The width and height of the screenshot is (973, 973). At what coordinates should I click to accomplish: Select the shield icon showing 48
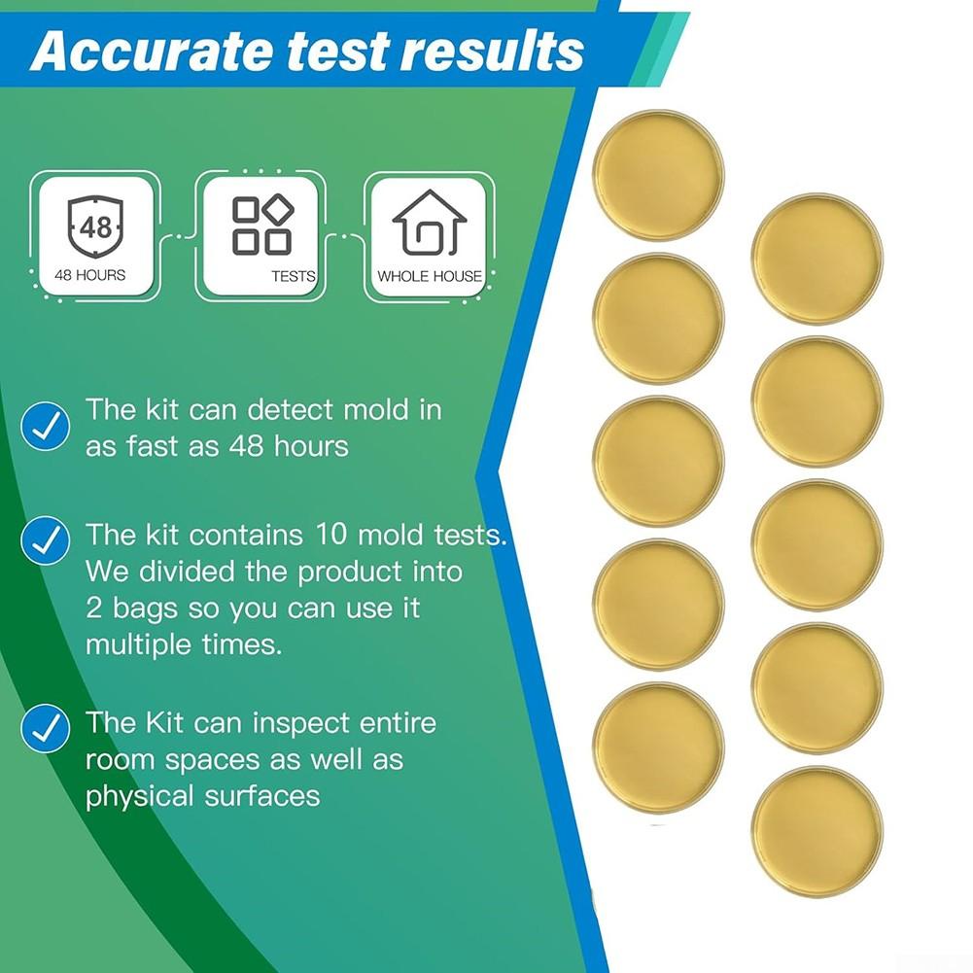click(95, 227)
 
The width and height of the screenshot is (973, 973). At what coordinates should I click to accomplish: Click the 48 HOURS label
click(89, 275)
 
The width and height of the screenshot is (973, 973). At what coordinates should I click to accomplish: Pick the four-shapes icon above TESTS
click(262, 226)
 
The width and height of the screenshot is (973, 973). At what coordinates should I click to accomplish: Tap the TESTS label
click(293, 276)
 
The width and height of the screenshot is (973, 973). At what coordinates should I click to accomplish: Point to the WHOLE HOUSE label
click(430, 276)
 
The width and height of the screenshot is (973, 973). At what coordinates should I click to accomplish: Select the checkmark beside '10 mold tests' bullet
click(45, 541)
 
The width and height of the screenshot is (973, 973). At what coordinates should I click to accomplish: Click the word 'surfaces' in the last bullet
click(261, 796)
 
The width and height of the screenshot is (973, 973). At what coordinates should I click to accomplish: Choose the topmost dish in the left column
click(658, 175)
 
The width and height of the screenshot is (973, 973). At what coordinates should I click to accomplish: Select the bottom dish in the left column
click(658, 747)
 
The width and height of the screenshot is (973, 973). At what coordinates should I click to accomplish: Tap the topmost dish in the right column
click(817, 258)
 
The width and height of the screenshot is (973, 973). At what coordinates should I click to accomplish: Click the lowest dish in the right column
click(817, 831)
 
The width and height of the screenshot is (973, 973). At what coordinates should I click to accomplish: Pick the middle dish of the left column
click(658, 461)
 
